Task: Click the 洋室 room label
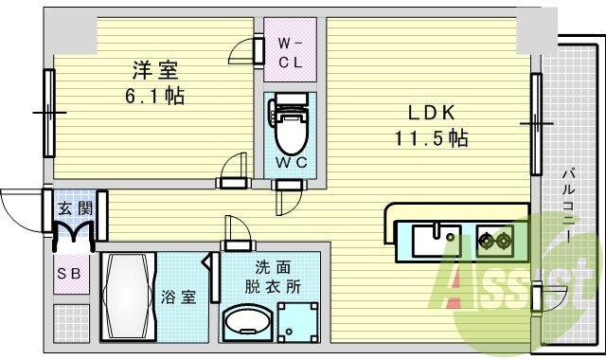[x=154, y=69]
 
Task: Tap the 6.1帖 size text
[x=154, y=95]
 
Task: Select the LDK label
[x=431, y=112]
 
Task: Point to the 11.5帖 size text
[x=431, y=137]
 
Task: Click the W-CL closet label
[x=290, y=51]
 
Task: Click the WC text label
[x=290, y=162]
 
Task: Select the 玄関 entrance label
[x=74, y=207]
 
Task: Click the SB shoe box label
[x=70, y=275]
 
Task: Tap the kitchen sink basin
[x=437, y=240]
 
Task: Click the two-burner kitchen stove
[x=496, y=241]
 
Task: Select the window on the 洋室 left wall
[x=46, y=112]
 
